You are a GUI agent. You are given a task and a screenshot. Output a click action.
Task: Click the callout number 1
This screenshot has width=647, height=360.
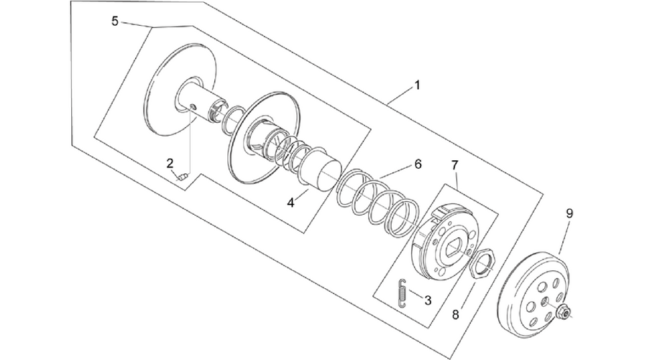[417, 86]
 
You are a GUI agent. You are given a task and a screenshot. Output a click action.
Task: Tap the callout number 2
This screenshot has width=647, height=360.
[170, 163]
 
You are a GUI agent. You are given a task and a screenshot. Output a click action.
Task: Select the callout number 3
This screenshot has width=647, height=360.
[428, 300]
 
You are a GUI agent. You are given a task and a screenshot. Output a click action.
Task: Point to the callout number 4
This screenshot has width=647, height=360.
[291, 203]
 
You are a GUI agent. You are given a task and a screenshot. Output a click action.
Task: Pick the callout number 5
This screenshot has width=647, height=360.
[115, 21]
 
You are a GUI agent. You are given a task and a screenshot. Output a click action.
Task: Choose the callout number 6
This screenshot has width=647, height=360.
[418, 164]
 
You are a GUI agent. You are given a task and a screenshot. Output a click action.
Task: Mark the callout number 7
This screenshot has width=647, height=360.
[454, 165]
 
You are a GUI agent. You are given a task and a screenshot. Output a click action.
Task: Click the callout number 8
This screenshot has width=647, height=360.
[455, 315]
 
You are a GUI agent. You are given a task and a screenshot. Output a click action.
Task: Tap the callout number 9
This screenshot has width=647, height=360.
[569, 213]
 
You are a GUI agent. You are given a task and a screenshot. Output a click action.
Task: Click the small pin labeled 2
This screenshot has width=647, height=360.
[183, 177]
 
